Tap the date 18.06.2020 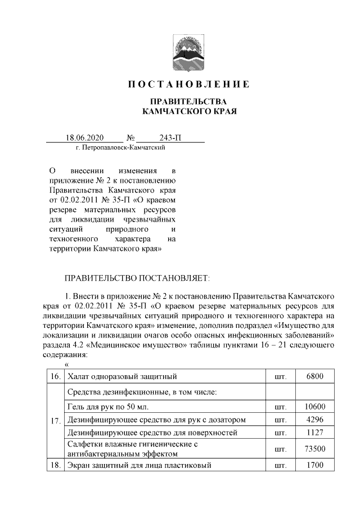[84, 138]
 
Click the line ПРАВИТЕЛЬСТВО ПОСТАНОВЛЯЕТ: [138, 278]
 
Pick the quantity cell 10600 [314, 406]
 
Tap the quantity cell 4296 [314, 420]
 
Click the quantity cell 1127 [314, 433]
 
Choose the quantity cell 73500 [314, 449]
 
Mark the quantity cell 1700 [314, 466]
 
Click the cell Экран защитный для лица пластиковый [140, 466]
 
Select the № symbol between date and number [130, 138]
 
